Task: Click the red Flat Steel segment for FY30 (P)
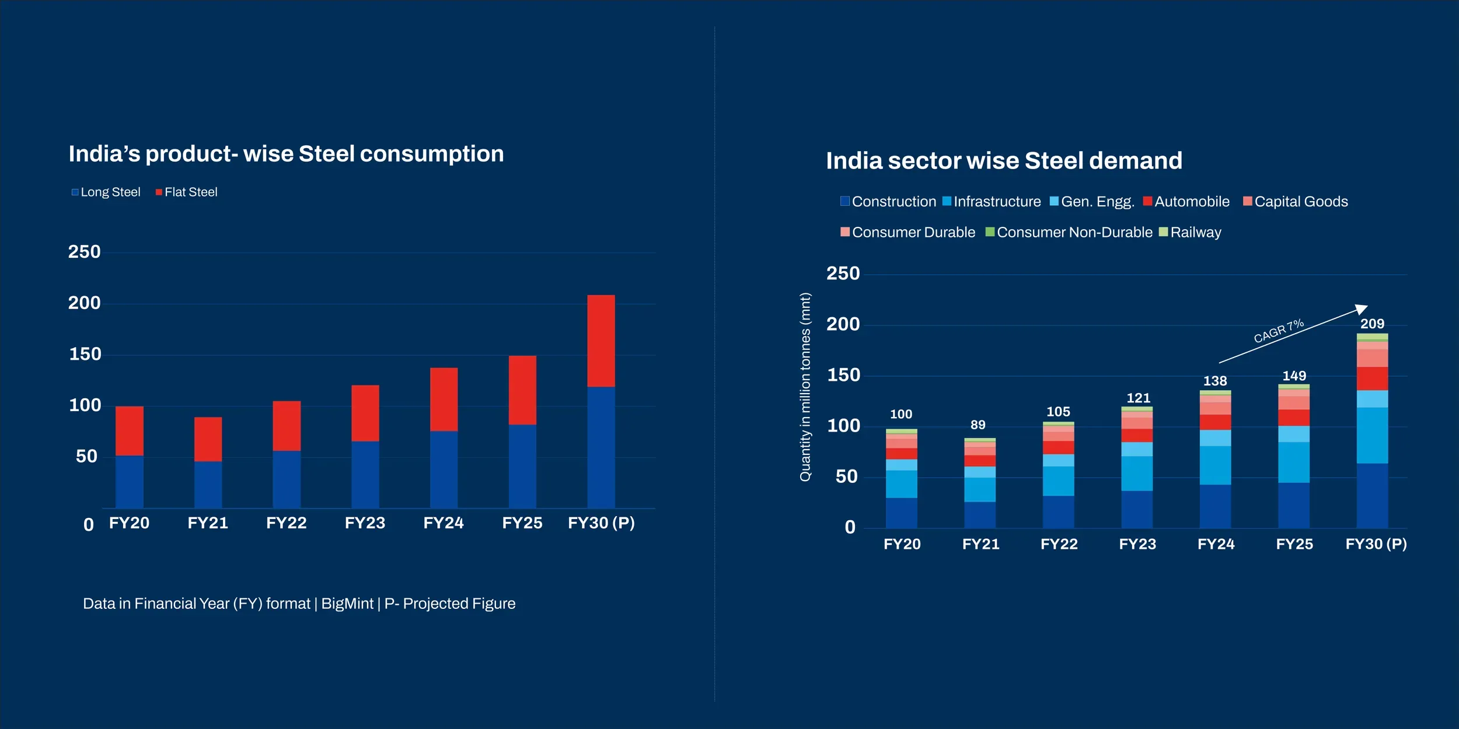pyautogui.click(x=601, y=341)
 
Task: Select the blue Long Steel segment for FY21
pyautogui.click(x=208, y=484)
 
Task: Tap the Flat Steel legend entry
pyautogui.click(x=187, y=192)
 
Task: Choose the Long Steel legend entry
pyautogui.click(x=106, y=192)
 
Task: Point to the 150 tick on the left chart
pyautogui.click(x=85, y=354)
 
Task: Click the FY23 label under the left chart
pyautogui.click(x=365, y=523)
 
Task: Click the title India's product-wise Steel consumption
pyautogui.click(x=286, y=154)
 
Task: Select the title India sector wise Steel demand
pyautogui.click(x=1004, y=160)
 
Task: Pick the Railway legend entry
pyautogui.click(x=1191, y=232)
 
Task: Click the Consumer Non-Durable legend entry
pyautogui.click(x=1069, y=232)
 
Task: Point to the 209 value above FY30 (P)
pyautogui.click(x=1372, y=324)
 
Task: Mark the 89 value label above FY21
pyautogui.click(x=978, y=425)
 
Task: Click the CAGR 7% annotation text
pyautogui.click(x=1278, y=331)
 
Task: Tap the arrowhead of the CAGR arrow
pyautogui.click(x=1361, y=309)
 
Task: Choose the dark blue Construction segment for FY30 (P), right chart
pyautogui.click(x=1372, y=496)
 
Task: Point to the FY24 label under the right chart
pyautogui.click(x=1216, y=544)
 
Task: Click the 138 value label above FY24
pyautogui.click(x=1215, y=381)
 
